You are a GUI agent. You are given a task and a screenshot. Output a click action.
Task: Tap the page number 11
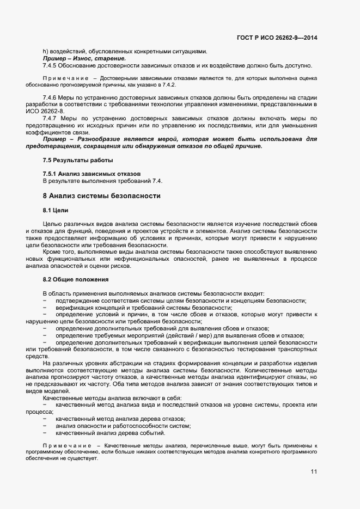[314, 471]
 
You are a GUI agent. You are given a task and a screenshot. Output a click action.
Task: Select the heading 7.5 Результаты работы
[78, 160]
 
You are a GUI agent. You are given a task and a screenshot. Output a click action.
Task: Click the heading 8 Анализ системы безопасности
[101, 195]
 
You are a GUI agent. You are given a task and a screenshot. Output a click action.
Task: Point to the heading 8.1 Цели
[56, 210]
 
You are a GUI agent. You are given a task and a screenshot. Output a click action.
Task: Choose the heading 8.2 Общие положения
[76, 280]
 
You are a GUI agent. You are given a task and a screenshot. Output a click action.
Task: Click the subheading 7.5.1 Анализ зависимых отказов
[91, 173]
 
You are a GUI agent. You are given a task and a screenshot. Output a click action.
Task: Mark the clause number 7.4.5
[51, 65]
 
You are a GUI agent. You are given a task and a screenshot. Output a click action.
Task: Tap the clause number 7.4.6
[51, 96]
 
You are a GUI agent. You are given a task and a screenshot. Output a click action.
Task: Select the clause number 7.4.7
[51, 118]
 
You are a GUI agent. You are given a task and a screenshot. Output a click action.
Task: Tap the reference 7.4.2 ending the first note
[168, 85]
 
